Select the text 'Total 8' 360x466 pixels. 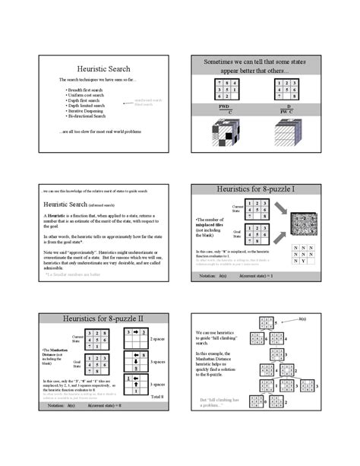(158, 397)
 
